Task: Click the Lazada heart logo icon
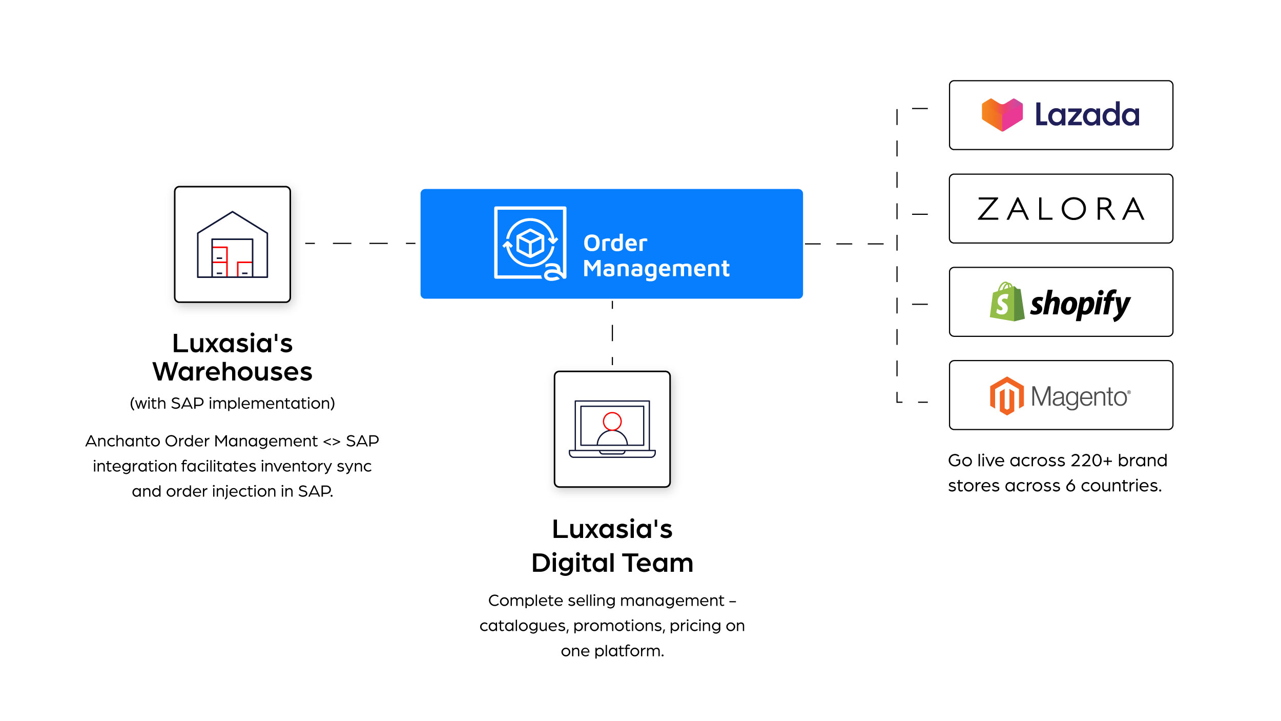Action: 1002,114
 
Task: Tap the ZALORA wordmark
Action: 1061,209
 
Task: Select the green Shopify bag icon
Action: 1006,302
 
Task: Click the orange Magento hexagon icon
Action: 1006,396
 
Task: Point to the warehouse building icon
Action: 232,245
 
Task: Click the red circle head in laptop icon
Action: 612,421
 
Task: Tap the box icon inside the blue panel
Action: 530,243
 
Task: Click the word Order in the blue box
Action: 615,243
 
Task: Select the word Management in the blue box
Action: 656,269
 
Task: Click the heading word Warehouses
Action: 232,372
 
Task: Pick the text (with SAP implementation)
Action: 232,404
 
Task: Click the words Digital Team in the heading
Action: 612,563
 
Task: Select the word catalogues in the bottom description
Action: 523,626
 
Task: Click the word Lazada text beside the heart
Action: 1087,114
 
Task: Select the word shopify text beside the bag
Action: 1080,304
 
